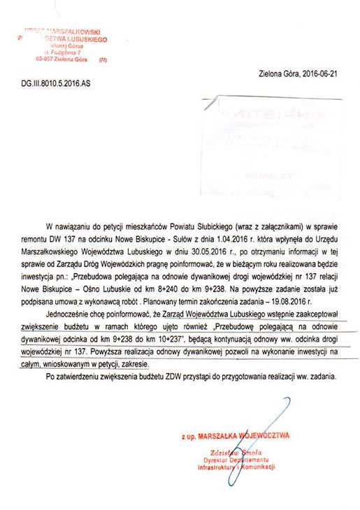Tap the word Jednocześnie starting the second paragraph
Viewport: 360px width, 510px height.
tap(69, 312)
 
